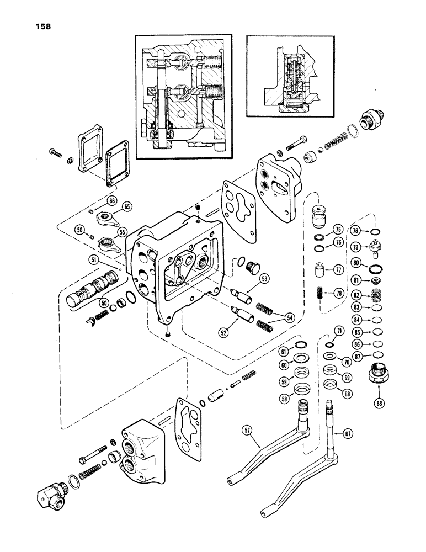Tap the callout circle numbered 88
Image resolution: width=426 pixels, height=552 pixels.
379,402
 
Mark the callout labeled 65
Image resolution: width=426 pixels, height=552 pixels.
127,207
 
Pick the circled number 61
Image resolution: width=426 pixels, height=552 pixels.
283,352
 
